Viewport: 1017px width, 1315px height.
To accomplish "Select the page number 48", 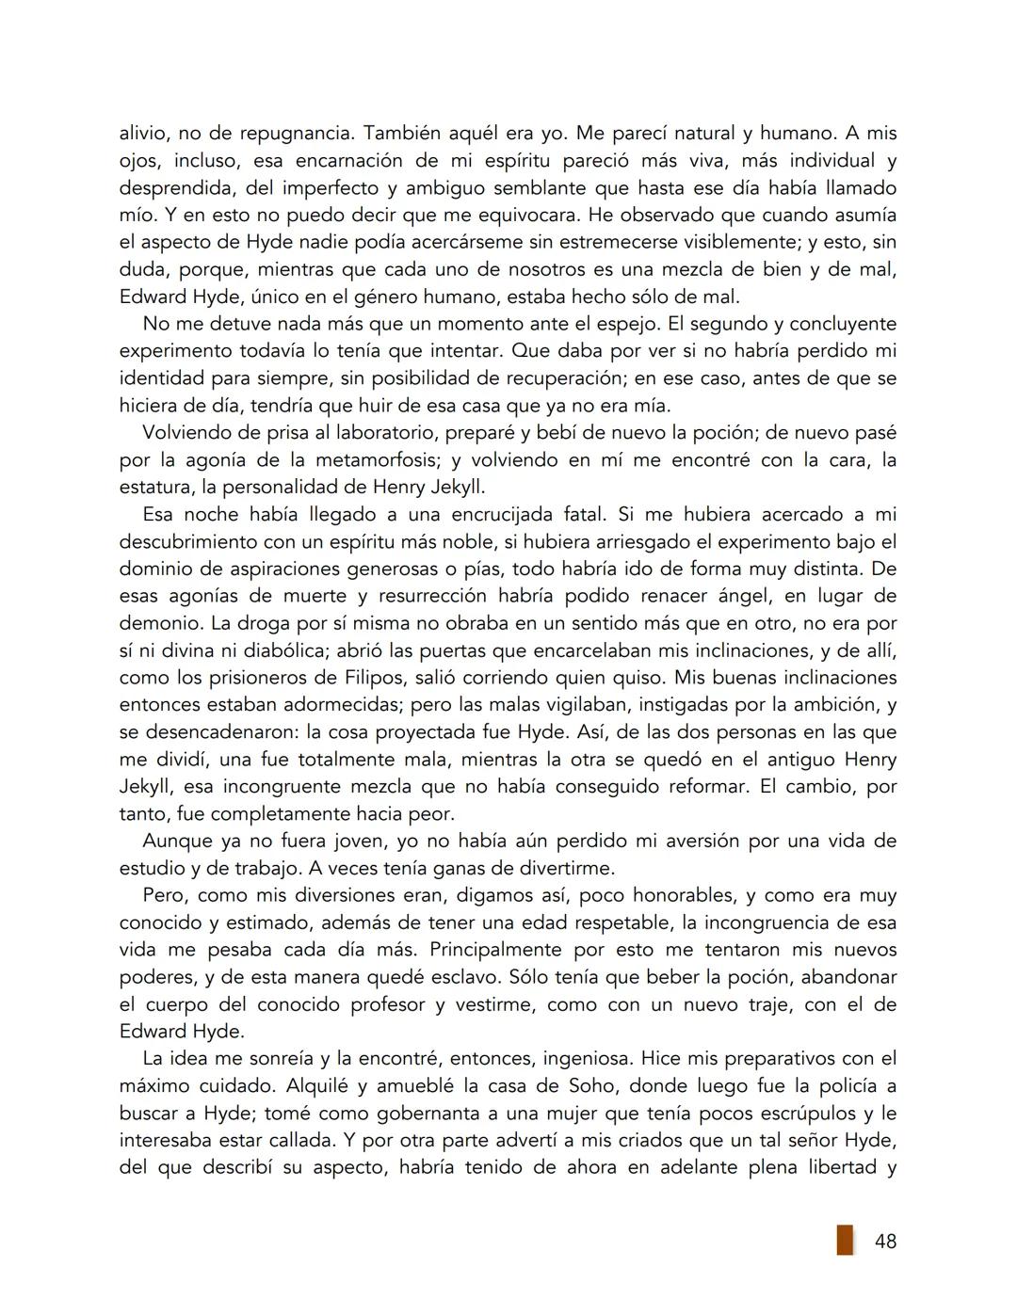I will coord(885,1242).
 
